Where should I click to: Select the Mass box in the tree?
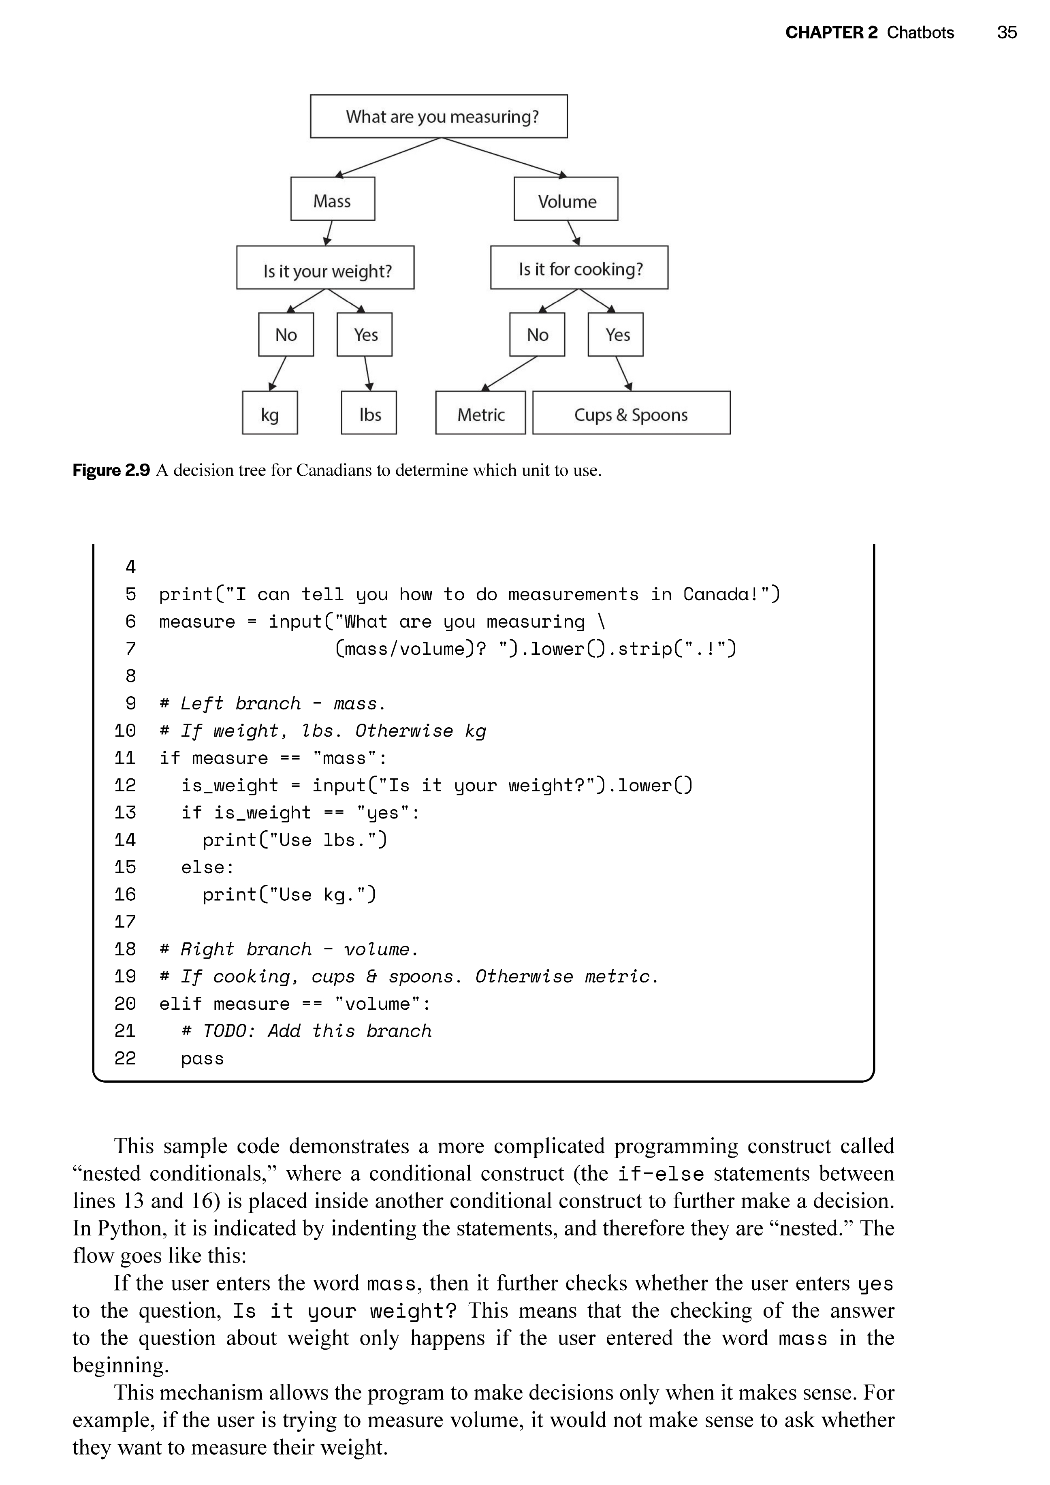point(332,199)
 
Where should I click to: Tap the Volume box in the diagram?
point(566,199)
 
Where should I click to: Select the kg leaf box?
point(270,412)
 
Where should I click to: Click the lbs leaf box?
point(369,412)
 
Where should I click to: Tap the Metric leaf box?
point(480,412)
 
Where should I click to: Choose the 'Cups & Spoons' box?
point(632,412)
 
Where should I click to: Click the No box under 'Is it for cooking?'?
point(537,334)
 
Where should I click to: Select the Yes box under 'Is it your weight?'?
point(364,334)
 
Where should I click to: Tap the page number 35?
point(1007,32)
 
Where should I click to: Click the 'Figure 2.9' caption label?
point(111,470)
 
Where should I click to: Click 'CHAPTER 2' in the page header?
point(832,32)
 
